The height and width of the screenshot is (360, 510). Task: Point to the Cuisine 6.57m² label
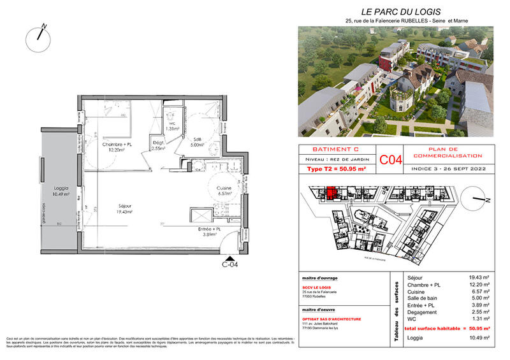(224, 191)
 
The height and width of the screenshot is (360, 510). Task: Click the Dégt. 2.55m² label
(159, 145)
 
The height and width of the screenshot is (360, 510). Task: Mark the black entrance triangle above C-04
(229, 256)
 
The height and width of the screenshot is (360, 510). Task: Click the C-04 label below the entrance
(229, 264)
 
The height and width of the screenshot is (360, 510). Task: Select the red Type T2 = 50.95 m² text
(336, 169)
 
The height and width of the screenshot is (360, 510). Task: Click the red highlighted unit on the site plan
(331, 192)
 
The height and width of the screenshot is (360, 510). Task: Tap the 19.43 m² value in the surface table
(478, 277)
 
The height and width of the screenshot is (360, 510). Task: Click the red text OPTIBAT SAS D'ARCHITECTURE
(331, 319)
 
